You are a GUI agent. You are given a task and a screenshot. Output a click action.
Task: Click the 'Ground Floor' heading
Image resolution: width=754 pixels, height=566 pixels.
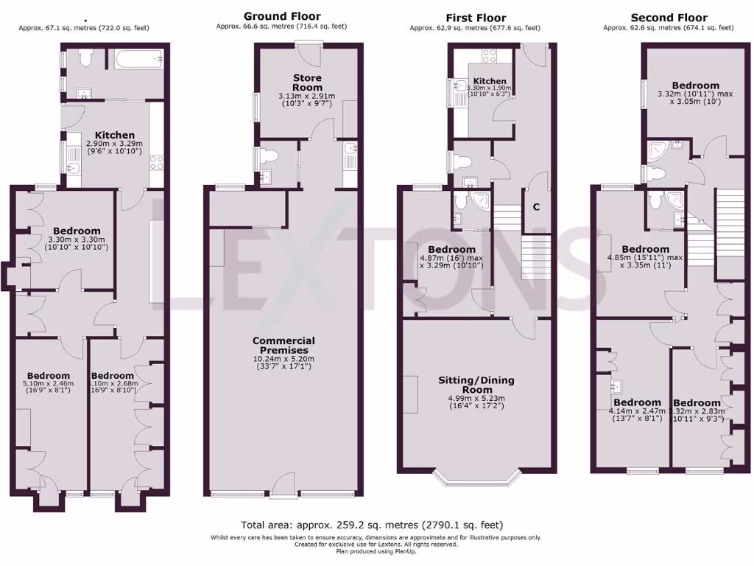(282, 15)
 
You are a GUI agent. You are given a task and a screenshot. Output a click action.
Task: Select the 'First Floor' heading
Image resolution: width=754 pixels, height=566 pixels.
(475, 17)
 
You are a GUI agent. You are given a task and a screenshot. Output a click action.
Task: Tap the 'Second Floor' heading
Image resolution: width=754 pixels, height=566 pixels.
(669, 17)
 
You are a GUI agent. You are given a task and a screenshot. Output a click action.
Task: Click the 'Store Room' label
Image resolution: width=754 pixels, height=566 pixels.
(307, 83)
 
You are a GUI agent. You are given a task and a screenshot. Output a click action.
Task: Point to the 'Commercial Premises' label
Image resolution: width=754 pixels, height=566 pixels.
(283, 345)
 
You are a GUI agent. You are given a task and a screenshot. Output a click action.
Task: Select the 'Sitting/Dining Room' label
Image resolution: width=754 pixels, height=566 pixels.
(477, 385)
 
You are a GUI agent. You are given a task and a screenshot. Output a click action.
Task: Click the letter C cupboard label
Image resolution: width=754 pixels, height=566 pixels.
(536, 207)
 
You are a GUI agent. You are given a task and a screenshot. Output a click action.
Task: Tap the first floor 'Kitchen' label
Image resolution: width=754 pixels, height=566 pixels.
(490, 81)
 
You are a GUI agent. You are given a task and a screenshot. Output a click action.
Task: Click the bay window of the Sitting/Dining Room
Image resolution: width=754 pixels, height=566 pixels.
(477, 478)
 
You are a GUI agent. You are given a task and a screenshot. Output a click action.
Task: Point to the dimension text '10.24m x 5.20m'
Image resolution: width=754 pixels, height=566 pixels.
(283, 360)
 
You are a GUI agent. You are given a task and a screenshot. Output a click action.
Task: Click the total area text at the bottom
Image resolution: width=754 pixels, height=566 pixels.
(372, 525)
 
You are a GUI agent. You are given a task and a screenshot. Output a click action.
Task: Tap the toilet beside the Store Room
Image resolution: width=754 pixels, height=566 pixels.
(269, 156)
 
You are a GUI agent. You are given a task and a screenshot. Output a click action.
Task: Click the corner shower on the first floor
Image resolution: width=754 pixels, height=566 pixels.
(482, 201)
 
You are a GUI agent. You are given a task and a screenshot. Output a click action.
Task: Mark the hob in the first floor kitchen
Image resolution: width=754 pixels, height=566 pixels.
(490, 55)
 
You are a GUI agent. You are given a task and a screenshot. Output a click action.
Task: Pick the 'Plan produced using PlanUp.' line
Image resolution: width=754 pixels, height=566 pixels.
(372, 551)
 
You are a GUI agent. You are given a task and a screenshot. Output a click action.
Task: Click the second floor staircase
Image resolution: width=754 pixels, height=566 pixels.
(730, 214)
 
